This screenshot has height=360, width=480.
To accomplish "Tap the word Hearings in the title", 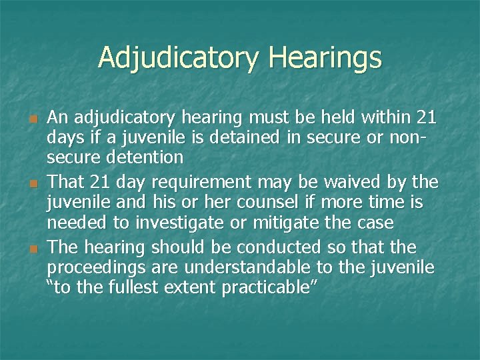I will click(x=325, y=58).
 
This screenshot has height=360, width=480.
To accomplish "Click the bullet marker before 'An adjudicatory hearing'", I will click(x=31, y=119).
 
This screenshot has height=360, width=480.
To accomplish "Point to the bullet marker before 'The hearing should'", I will click(x=31, y=248).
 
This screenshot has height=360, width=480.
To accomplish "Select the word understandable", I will click(x=259, y=267).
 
